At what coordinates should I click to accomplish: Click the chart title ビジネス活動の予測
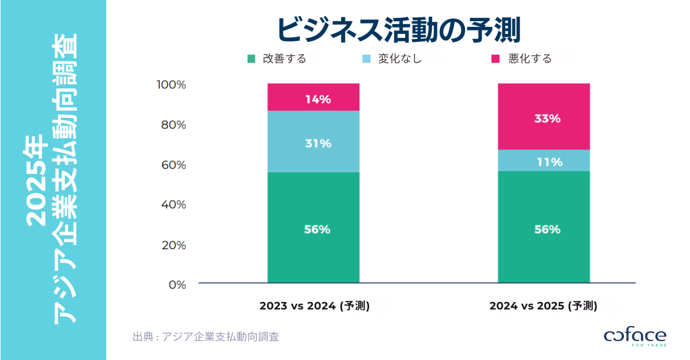[x=398, y=30]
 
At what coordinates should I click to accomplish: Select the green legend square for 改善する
[x=251, y=59]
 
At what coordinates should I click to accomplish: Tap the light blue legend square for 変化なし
[x=366, y=59]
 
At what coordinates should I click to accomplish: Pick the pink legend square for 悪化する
[x=497, y=59]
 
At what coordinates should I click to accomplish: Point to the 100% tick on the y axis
[x=171, y=85]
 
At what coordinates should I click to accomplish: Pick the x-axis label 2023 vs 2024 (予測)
[x=314, y=306]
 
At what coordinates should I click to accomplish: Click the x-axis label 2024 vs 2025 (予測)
[x=543, y=306]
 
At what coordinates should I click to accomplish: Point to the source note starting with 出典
[x=206, y=337]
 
